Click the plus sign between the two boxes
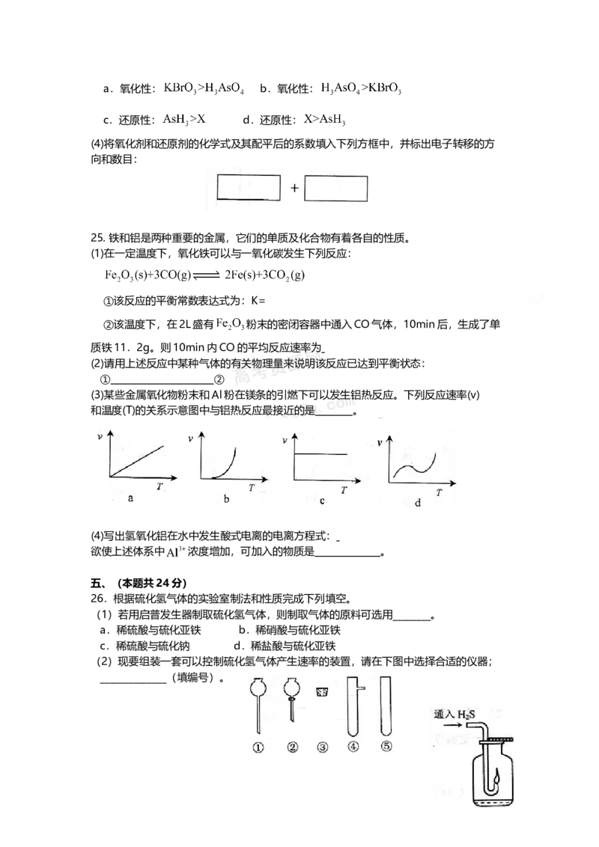pos(294,189)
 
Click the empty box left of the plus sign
pos(249,188)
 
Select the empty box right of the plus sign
pos(336,188)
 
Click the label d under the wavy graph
pos(417,503)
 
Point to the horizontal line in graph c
pos(322,454)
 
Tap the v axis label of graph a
pos(100,437)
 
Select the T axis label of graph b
pos(252,487)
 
